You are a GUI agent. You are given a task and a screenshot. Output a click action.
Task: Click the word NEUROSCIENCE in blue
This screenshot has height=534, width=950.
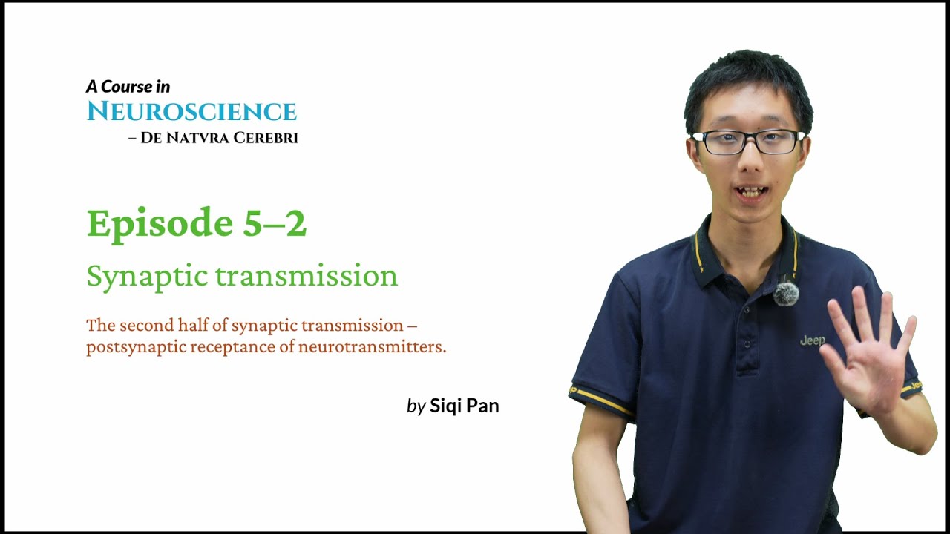point(191,112)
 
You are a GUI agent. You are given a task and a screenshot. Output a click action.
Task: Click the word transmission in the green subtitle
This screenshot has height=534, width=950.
point(307,276)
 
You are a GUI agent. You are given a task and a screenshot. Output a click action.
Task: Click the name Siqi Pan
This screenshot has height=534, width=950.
point(465,406)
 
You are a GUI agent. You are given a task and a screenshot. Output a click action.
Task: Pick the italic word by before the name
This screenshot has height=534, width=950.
point(416,406)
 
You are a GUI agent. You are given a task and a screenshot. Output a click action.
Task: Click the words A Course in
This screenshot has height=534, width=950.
point(128,87)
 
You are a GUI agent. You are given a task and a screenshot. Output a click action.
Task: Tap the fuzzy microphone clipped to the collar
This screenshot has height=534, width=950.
point(785,294)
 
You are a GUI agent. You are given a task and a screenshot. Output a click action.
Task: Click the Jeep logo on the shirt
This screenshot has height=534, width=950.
point(812,340)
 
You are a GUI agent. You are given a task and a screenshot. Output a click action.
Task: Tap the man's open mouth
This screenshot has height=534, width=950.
point(751,192)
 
